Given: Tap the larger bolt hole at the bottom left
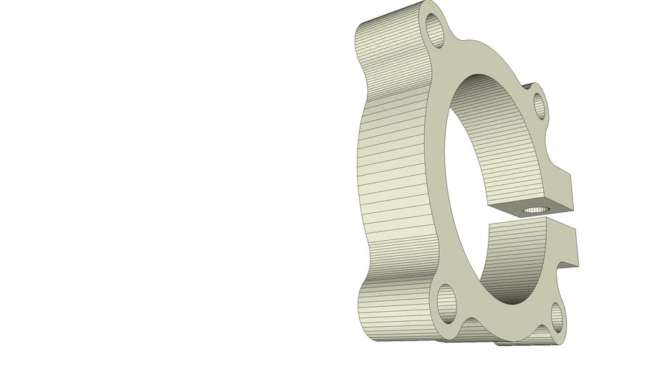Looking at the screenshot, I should pyautogui.click(x=446, y=302).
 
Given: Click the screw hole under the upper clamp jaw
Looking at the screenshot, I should pyautogui.click(x=534, y=209).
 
